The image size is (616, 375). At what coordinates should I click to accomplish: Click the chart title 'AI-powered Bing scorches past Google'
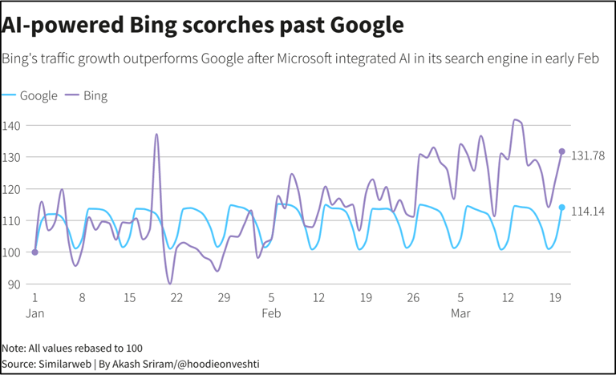(x=203, y=25)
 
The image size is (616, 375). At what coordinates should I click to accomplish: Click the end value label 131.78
(x=587, y=155)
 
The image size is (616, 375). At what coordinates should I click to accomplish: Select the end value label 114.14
(x=587, y=212)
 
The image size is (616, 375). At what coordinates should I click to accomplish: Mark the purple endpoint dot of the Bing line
(x=561, y=151)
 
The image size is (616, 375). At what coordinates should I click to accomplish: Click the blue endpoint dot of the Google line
(x=561, y=208)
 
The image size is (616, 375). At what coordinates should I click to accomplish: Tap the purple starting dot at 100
(x=34, y=252)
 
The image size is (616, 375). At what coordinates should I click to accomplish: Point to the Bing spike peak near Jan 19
(x=156, y=135)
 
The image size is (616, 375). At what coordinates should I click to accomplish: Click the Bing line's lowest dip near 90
(x=170, y=283)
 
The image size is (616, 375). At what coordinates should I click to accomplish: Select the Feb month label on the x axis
(x=271, y=313)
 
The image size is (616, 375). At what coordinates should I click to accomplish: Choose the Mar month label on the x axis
(x=460, y=313)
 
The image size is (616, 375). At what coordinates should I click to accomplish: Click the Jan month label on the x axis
(x=34, y=313)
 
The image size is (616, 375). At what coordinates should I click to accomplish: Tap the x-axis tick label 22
(x=176, y=298)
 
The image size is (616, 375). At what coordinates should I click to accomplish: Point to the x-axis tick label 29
(x=224, y=298)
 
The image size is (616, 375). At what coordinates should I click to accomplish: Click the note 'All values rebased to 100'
(x=72, y=349)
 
